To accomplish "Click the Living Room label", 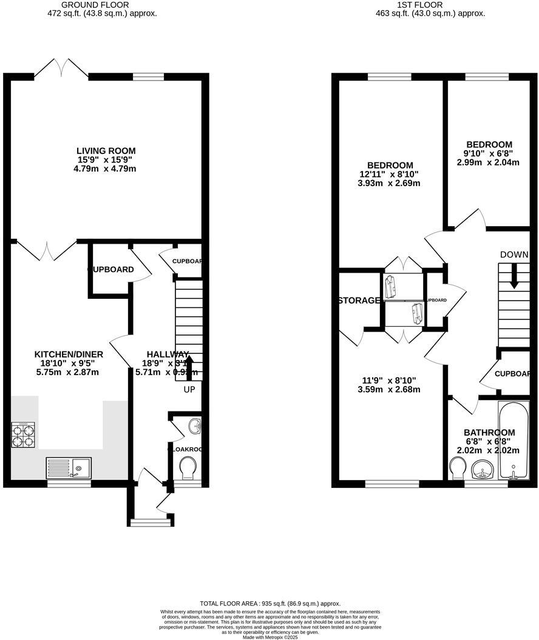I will pos(106,151).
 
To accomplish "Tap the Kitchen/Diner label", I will pos(69,355).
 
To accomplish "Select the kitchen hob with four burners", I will pos(23,433).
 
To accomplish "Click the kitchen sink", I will pos(69,467).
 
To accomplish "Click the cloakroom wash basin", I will pos(195,427).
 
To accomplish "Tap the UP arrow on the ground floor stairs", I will pos(189,366).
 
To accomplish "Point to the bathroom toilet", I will pos(458,468).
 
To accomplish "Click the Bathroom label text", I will pos(489,433).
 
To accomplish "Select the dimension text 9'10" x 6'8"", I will pos(489,154).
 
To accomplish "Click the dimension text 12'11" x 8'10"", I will pos(390,175).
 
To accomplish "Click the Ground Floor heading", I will pos(102,4).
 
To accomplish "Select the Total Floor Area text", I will pos(270,604).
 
